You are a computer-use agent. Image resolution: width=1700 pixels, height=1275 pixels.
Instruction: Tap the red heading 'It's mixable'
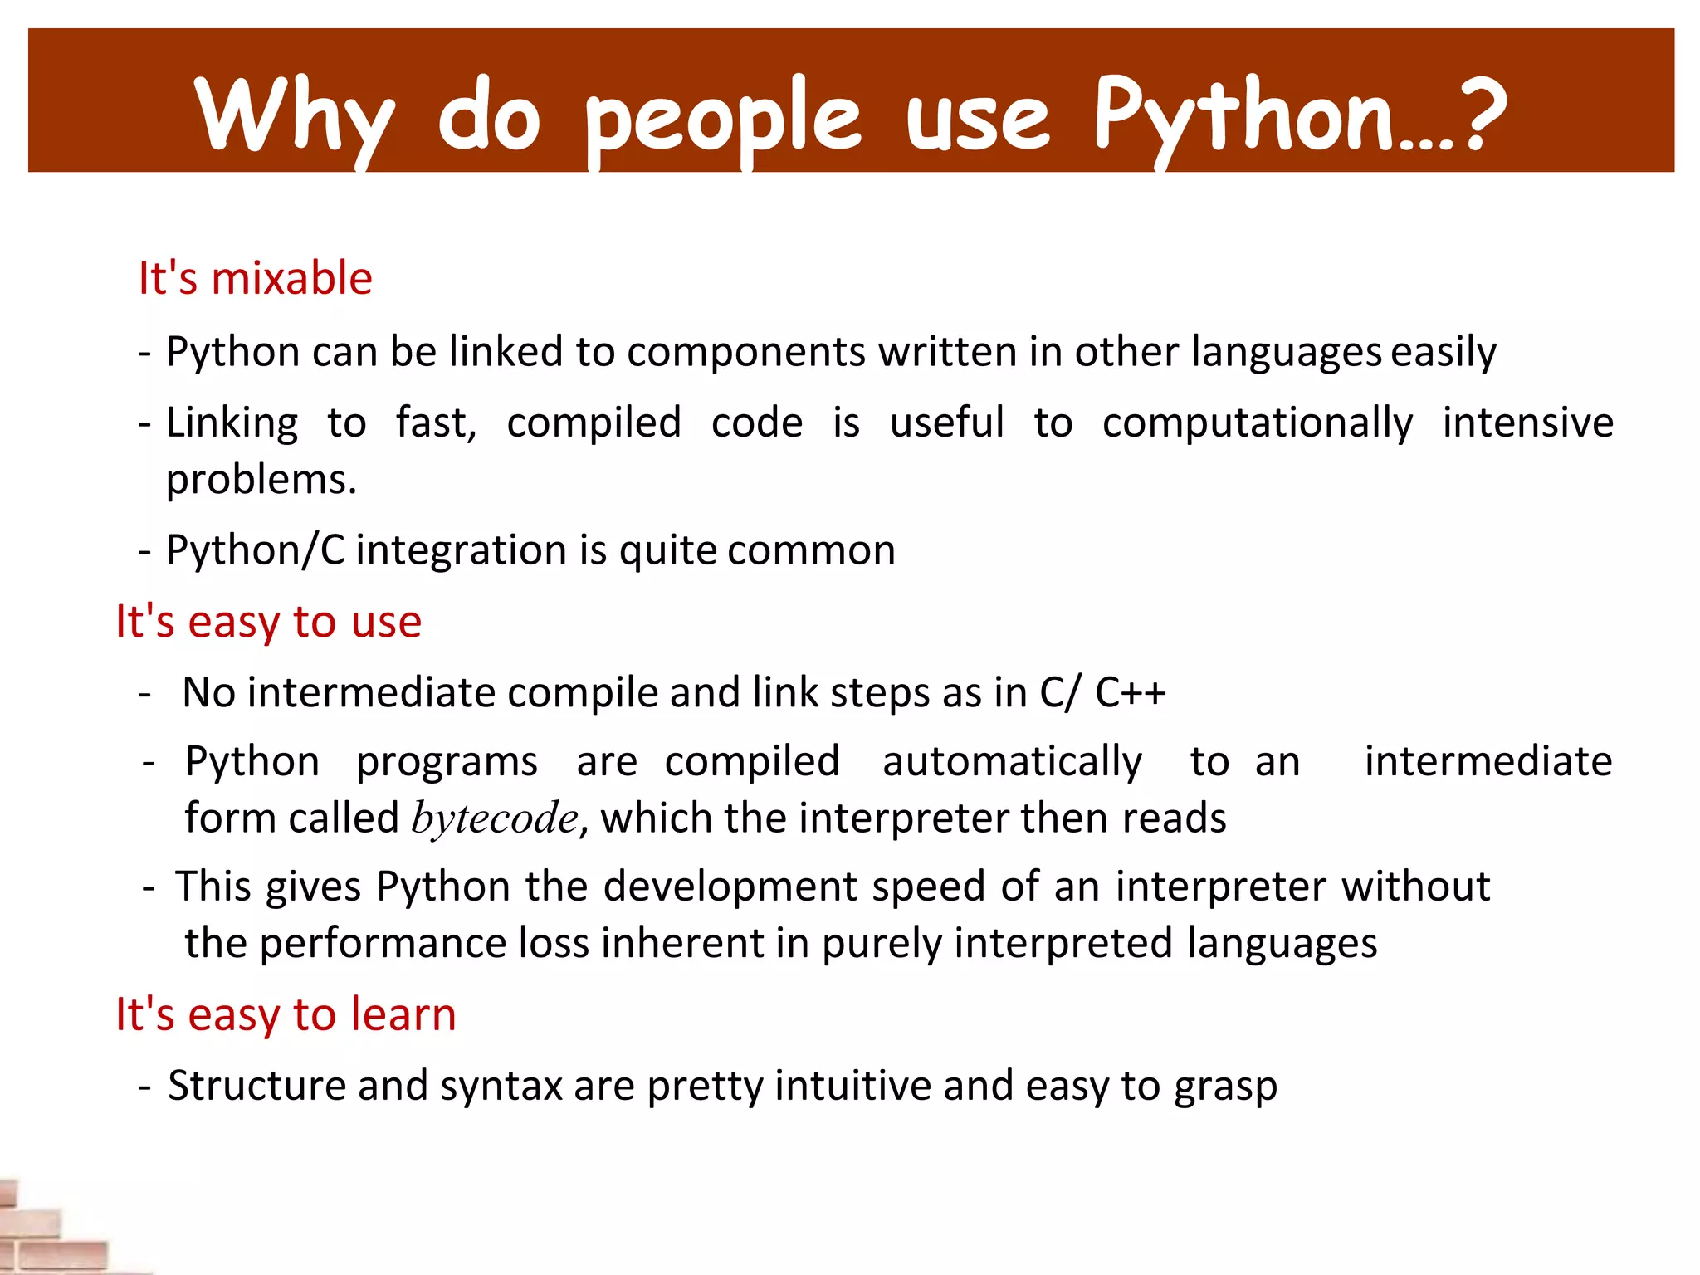coord(255,277)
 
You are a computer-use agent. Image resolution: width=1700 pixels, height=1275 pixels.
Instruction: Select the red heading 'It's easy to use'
coord(268,621)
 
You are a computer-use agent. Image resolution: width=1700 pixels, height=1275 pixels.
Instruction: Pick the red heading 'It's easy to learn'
coord(286,1014)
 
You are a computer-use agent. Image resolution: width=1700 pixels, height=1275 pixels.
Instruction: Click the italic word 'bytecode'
coord(495,818)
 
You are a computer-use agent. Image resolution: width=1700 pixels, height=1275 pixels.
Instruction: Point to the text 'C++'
coord(1130,692)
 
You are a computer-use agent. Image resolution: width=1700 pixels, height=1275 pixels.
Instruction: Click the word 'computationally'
coord(1257,423)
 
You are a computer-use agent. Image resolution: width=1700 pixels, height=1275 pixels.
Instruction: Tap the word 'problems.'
coord(261,480)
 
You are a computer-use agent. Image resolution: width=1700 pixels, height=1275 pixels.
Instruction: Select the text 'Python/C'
coord(255,550)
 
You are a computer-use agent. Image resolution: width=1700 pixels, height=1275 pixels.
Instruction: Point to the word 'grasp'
coord(1225,1087)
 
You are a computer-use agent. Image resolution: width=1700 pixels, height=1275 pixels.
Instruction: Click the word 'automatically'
coord(1012,762)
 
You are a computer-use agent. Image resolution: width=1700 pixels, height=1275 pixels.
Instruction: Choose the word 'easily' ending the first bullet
coord(1444,352)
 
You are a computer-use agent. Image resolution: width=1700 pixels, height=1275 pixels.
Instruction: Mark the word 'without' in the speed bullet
coord(1415,886)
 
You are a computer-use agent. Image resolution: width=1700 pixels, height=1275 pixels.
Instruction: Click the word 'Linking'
coord(232,423)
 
